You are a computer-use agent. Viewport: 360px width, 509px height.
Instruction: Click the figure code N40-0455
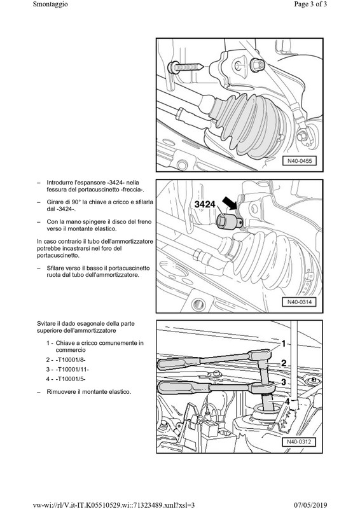300,161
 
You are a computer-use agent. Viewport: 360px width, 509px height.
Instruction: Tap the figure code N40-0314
300,302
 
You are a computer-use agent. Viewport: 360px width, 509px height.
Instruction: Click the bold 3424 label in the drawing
205,204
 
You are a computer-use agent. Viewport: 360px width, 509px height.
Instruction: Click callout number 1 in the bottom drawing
283,344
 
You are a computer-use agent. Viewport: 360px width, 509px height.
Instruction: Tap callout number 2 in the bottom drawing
284,363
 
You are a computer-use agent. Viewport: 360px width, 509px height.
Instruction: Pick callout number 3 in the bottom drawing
284,382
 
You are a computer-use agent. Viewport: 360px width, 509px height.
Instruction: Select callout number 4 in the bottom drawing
287,402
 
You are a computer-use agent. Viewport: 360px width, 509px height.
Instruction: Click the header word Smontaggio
50,4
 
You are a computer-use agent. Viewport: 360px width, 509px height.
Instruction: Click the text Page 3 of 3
310,4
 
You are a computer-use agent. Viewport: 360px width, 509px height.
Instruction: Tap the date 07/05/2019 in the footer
310,505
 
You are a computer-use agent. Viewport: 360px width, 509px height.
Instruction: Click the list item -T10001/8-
71,359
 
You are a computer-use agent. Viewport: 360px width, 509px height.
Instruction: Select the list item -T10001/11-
72,370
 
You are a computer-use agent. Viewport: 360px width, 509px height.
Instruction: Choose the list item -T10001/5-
71,379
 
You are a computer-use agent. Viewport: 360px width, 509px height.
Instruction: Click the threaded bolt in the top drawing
185,67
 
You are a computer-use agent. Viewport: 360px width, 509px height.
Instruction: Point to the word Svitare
46,324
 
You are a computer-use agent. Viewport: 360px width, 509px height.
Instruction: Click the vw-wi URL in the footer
114,505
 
